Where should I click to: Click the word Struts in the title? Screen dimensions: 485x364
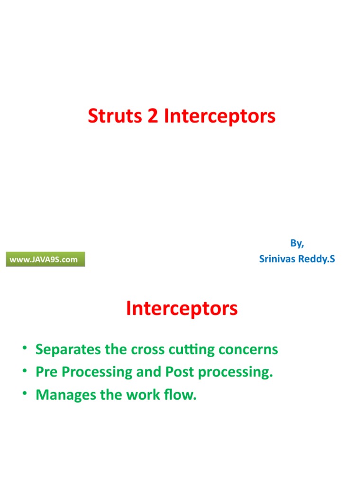click(x=115, y=117)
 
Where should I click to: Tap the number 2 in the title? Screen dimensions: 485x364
click(x=153, y=117)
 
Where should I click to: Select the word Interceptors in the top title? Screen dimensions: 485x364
click(x=219, y=117)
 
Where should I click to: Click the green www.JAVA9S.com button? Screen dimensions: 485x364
click(x=45, y=260)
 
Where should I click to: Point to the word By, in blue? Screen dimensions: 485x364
click(x=297, y=243)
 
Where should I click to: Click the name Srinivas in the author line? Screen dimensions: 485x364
click(x=277, y=259)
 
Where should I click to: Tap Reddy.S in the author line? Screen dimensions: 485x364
click(x=316, y=259)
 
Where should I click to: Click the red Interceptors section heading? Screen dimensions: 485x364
click(x=182, y=309)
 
